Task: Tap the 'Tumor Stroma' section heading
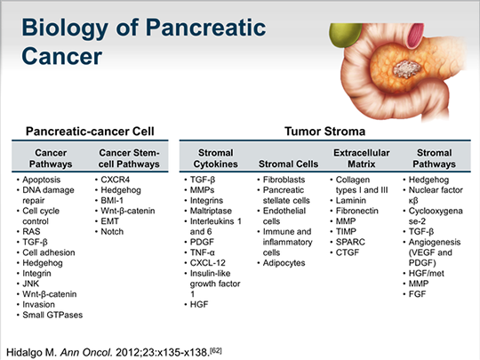320,132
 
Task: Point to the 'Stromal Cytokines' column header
214,158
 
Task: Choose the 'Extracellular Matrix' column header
361,158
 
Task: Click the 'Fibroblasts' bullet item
285,180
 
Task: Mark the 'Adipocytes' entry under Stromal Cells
287,265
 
